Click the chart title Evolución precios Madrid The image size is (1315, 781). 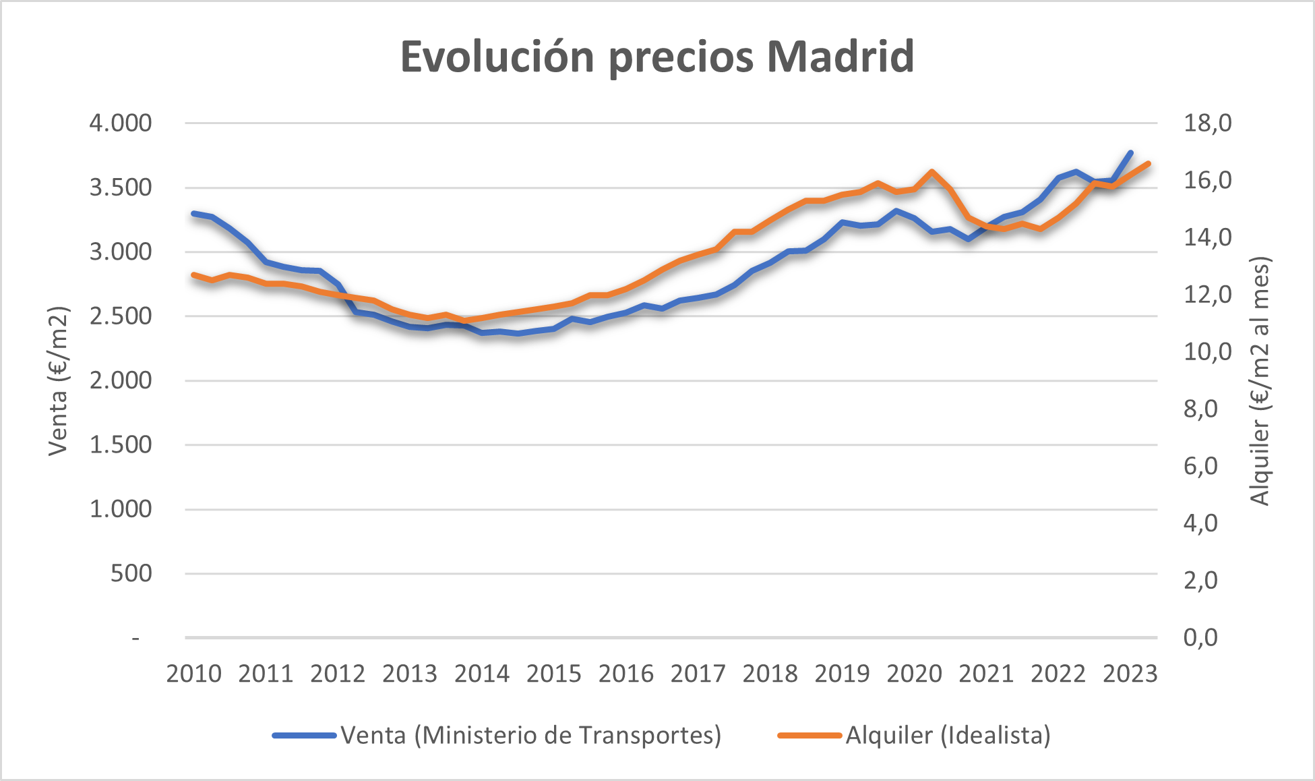[657, 57]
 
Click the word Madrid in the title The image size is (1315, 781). [840, 57]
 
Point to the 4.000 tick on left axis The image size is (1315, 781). [121, 123]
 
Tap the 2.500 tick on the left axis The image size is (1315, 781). [121, 316]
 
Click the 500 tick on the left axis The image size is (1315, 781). [131, 574]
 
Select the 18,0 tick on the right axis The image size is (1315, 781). [1207, 123]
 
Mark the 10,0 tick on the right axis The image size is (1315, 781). [1207, 352]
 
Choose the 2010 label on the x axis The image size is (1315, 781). [193, 674]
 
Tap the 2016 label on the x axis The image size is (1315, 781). [626, 674]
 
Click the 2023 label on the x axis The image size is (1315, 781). [1130, 674]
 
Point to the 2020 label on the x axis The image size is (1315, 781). [914, 674]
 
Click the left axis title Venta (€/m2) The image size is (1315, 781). [59, 381]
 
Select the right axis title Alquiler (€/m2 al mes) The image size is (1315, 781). [1260, 381]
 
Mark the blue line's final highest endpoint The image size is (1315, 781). [1130, 153]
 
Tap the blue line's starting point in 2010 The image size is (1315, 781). [194, 213]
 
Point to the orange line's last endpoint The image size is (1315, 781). [1148, 164]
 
